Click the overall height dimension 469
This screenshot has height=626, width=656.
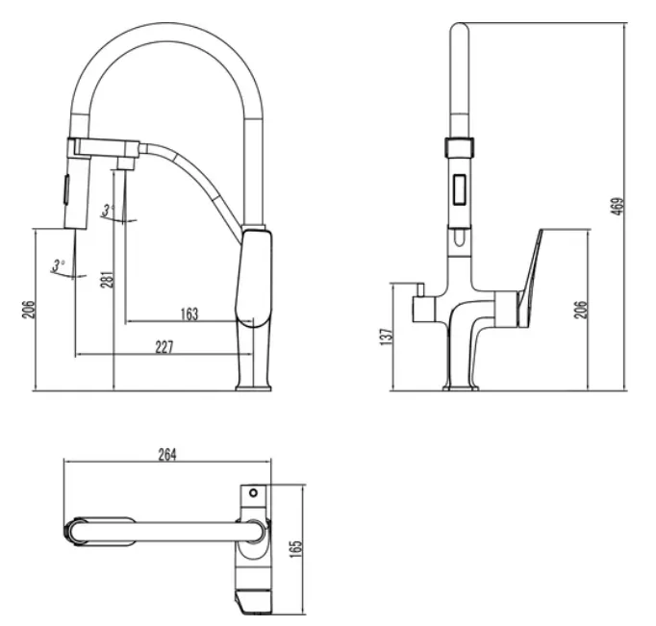click(618, 206)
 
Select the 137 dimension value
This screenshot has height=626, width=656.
click(387, 337)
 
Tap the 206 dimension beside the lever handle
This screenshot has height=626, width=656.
click(580, 310)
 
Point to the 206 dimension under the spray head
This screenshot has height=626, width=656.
click(29, 310)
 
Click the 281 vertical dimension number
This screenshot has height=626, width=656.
click(108, 279)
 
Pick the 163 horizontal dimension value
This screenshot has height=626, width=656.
click(189, 314)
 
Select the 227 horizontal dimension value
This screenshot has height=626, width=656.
click(164, 347)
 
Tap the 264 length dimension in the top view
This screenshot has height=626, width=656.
click(167, 455)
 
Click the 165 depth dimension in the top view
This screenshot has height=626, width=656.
click(295, 549)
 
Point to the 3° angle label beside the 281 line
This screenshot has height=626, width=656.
click(109, 210)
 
